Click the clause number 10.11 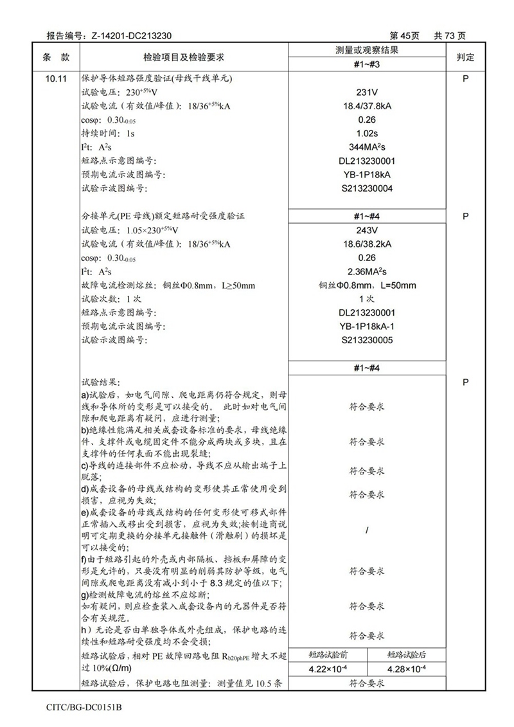point(56,79)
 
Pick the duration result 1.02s point(366,133)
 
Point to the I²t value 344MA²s point(366,147)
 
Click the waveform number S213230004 point(366,188)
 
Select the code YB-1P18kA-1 point(366,327)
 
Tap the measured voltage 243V point(366,230)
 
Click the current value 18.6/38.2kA point(366,244)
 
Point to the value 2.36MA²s point(366,272)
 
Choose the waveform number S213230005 point(366,340)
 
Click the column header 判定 point(465,57)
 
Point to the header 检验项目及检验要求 point(182,57)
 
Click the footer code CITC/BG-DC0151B point(84,707)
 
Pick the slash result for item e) point(366,531)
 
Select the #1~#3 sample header point(366,64)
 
